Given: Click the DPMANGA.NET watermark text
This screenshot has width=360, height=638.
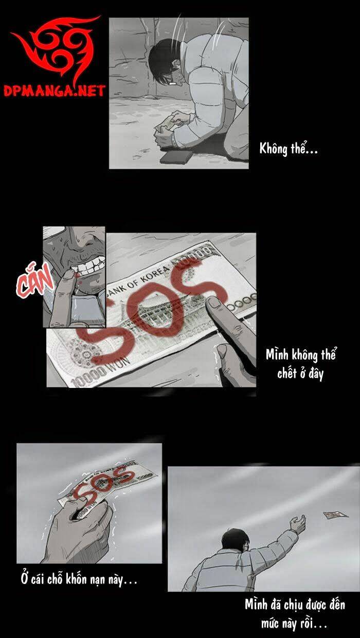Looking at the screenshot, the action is pyautogui.click(x=54, y=92).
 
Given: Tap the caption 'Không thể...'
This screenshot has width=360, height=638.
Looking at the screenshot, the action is pyautogui.click(x=289, y=149).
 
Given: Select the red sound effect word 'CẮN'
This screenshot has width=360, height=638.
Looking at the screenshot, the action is pyautogui.click(x=34, y=281).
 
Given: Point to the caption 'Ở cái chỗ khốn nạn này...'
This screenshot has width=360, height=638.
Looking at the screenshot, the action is pyautogui.click(x=79, y=579).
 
